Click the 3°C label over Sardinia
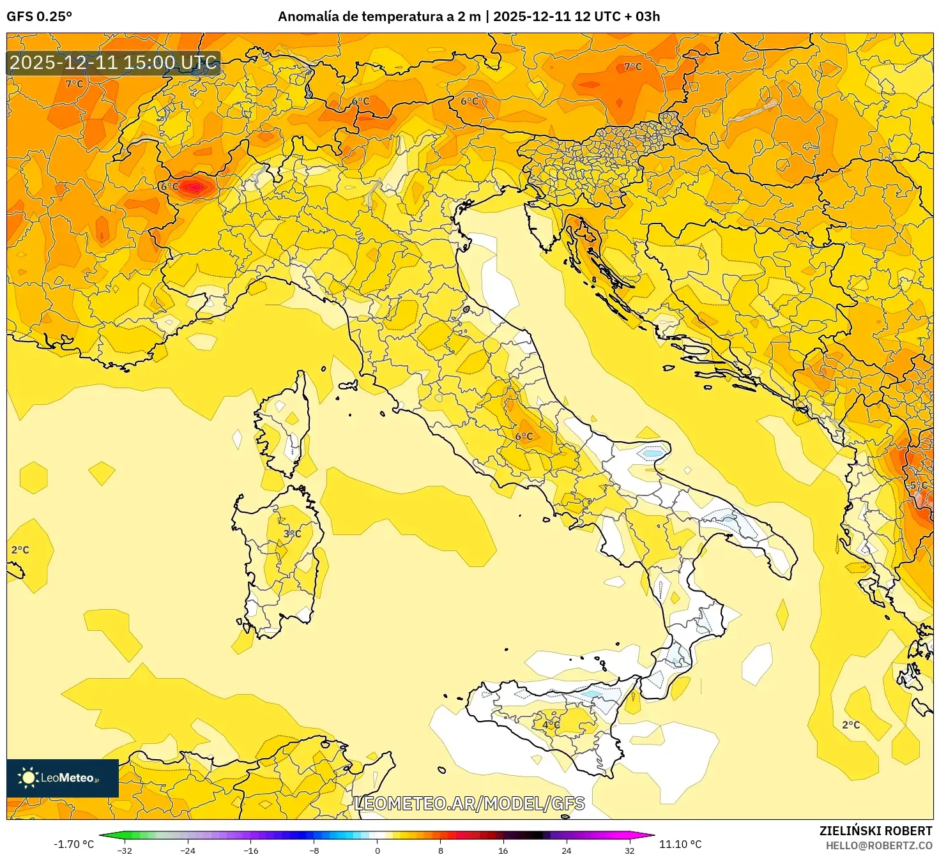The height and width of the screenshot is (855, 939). click(292, 534)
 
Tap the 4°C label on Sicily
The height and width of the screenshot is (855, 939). click(551, 725)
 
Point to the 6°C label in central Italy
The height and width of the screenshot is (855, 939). click(524, 436)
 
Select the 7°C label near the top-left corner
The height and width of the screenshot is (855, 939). click(75, 84)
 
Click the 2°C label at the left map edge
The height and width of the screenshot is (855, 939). click(20, 550)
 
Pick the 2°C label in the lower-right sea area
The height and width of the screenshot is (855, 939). click(851, 725)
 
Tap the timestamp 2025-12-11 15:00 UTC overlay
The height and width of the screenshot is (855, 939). click(114, 63)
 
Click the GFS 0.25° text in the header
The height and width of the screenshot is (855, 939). click(40, 17)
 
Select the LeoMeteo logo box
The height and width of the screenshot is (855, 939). click(63, 778)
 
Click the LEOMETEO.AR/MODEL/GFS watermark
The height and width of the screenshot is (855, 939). click(469, 803)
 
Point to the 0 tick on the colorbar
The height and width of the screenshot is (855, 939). click(377, 850)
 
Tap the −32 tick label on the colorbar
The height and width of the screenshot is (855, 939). click(125, 850)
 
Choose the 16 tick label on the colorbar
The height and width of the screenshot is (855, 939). click(503, 850)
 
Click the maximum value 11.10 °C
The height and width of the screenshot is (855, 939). click(680, 844)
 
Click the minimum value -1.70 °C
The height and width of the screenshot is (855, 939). click(73, 844)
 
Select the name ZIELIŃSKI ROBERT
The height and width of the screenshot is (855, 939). click(876, 831)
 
